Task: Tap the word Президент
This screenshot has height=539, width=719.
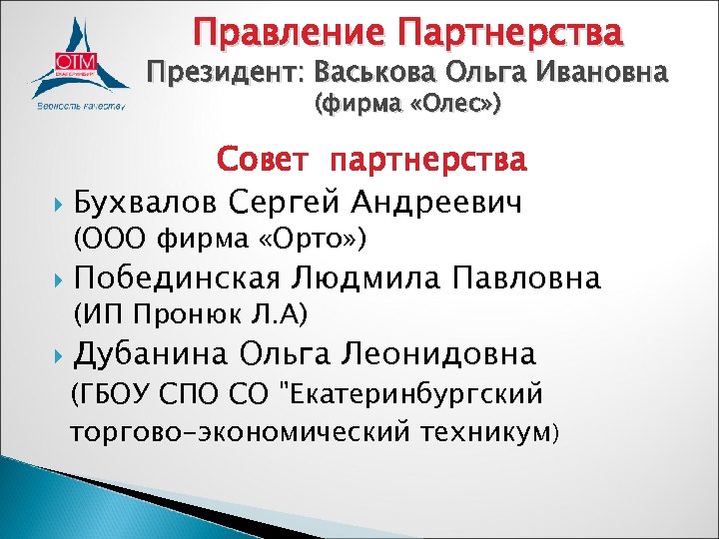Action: tap(230, 74)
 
